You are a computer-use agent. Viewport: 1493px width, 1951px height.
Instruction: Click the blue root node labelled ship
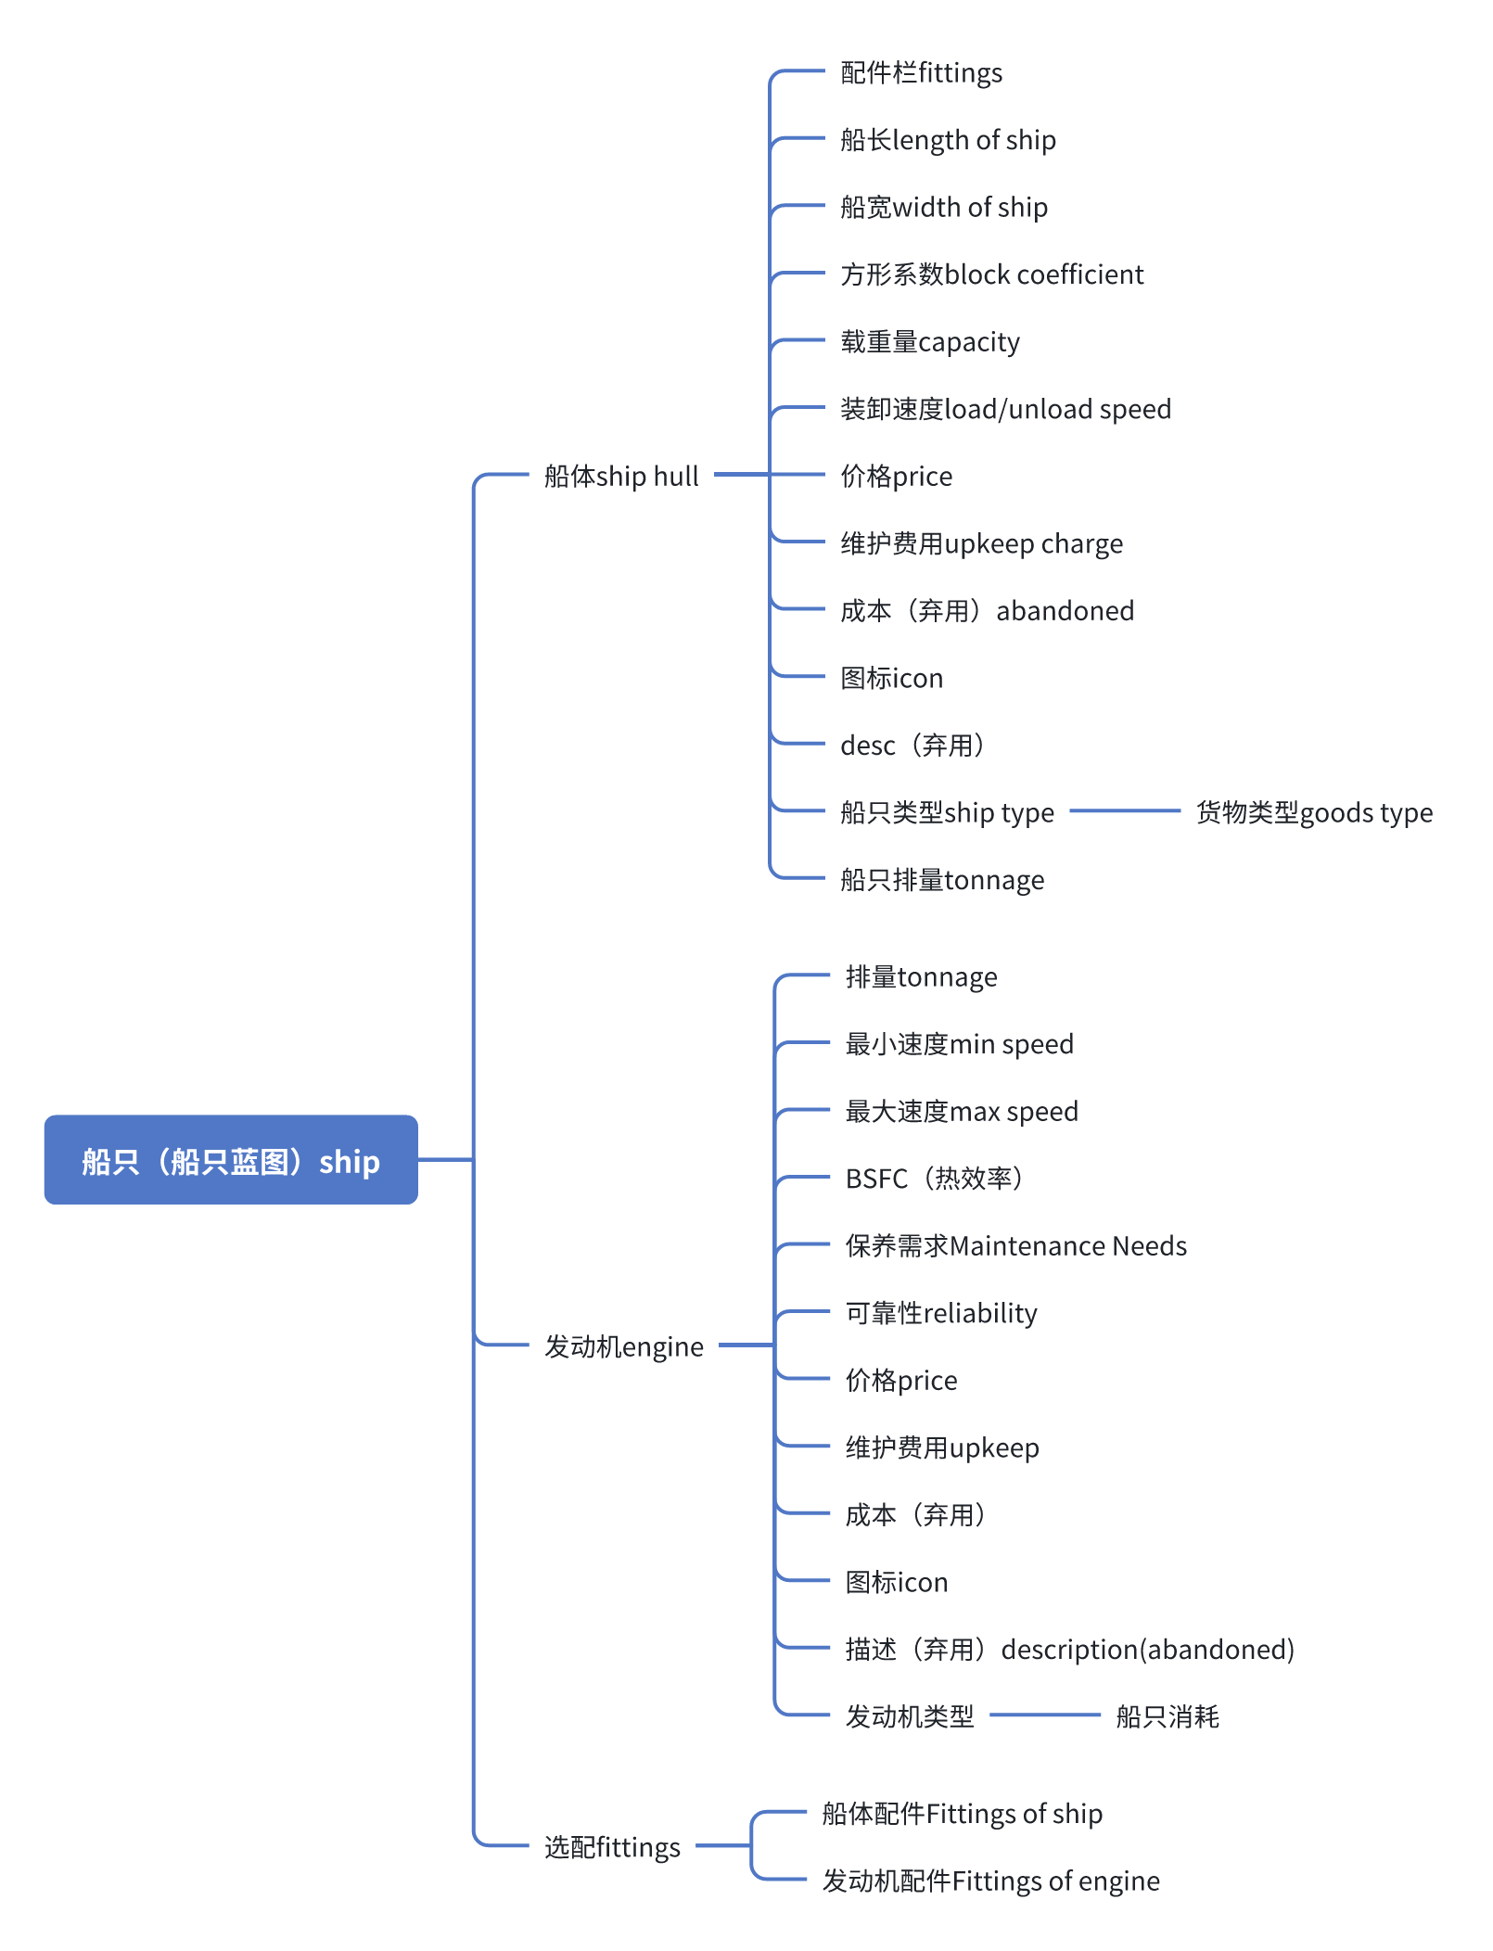click(x=231, y=1160)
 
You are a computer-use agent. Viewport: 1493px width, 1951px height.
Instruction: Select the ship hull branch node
click(x=621, y=476)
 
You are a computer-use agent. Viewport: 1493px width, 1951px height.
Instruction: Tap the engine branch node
click(x=623, y=1345)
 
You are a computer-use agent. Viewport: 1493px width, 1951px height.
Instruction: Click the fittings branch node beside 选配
click(x=612, y=1846)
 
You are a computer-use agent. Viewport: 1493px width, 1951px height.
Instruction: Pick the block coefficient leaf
click(x=991, y=274)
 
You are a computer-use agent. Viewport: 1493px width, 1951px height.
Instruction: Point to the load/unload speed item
click(x=1005, y=409)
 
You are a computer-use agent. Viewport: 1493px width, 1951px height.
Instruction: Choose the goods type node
click(x=1314, y=812)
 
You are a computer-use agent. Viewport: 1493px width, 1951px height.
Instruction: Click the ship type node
click(x=947, y=812)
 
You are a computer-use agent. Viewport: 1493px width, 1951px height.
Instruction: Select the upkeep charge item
click(x=981, y=543)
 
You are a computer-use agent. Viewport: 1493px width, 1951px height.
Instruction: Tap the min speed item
click(x=959, y=1044)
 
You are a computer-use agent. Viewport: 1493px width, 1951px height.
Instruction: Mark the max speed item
click(x=962, y=1111)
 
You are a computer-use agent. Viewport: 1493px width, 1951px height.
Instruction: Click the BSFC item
click(x=935, y=1179)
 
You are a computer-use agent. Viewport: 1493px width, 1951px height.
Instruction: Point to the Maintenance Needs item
click(x=1015, y=1245)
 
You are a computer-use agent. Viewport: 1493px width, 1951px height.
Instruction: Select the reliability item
click(x=941, y=1313)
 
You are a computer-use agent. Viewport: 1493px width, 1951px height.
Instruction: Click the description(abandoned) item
click(x=1069, y=1649)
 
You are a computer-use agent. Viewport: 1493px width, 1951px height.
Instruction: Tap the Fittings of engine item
click(x=990, y=1881)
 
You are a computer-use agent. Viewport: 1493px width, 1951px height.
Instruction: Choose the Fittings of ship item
click(x=962, y=1813)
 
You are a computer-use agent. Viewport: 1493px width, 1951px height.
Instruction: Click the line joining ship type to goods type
click(x=1125, y=810)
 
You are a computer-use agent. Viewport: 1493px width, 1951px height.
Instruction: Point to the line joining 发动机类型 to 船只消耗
click(x=1045, y=1715)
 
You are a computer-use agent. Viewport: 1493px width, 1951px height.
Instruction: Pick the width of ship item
click(x=944, y=207)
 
